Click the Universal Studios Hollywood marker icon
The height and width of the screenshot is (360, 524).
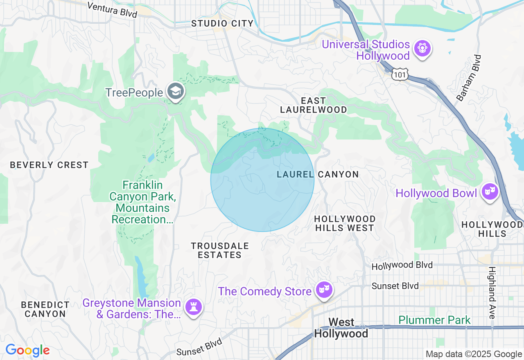(422, 49)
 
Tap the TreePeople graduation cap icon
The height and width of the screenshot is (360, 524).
(176, 92)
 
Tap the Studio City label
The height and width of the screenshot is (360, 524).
(223, 24)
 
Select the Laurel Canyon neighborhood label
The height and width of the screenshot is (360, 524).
(318, 175)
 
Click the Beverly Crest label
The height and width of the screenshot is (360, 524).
(49, 165)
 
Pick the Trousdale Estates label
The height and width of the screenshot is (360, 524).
(220, 250)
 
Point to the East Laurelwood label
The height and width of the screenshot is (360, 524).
(314, 105)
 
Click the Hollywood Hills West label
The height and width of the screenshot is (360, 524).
(345, 223)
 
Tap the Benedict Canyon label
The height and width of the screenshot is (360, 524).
(45, 309)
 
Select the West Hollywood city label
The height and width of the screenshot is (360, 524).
(341, 328)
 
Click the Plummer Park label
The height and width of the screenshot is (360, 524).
(434, 320)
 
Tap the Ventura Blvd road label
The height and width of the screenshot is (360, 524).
(112, 9)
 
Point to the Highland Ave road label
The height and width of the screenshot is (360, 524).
(492, 292)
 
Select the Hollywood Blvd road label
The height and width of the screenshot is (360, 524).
(402, 266)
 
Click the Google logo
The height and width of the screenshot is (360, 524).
(27, 351)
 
